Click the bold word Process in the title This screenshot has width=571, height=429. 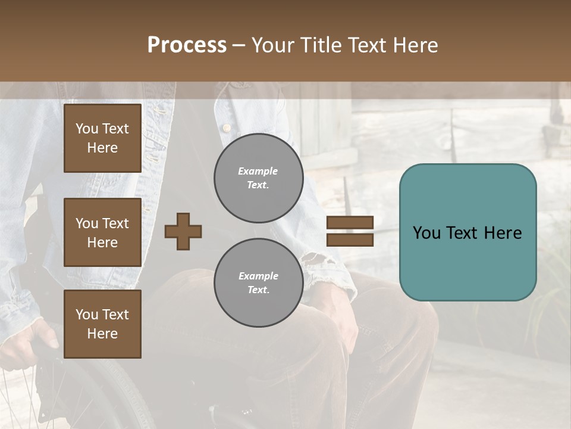pyautogui.click(x=187, y=45)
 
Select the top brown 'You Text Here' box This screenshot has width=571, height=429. pyautogui.click(x=102, y=138)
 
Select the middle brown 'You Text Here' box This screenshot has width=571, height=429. pyautogui.click(x=102, y=232)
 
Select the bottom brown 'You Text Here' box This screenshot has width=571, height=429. pyautogui.click(x=102, y=324)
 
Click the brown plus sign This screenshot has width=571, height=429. pyautogui.click(x=183, y=231)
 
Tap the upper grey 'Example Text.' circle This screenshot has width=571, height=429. pyautogui.click(x=258, y=178)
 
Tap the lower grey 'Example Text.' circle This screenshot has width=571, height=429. pyautogui.click(x=258, y=283)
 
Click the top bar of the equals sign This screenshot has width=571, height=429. pyautogui.click(x=350, y=222)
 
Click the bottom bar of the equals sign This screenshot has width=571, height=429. pyautogui.click(x=350, y=240)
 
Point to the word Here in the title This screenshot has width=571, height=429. pyautogui.click(x=413, y=45)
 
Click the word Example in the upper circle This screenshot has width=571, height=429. pyautogui.click(x=258, y=171)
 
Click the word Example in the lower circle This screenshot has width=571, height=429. pyautogui.click(x=258, y=276)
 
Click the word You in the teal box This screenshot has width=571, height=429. pyautogui.click(x=426, y=233)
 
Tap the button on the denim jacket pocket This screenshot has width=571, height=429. pyautogui.click(x=226, y=127)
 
